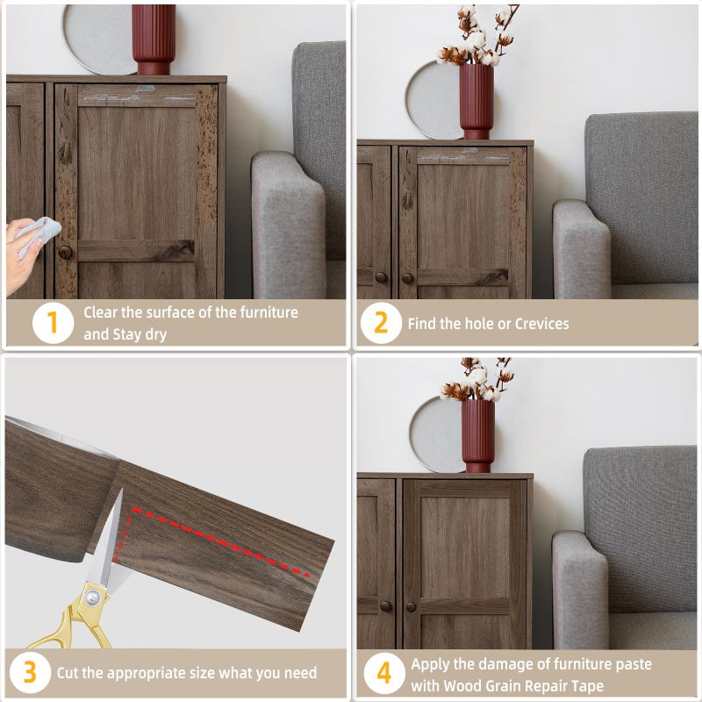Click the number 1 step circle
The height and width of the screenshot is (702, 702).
pos(53,323)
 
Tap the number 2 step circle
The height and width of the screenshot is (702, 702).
pos(381,323)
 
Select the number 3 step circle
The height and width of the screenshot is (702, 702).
pos(30,672)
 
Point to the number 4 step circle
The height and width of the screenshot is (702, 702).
pos(384,673)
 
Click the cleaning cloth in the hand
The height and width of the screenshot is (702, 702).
pos(38,234)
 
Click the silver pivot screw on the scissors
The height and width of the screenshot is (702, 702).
pos(92,597)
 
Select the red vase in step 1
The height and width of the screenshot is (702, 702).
pos(154,39)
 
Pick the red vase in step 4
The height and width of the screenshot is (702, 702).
pos(478,435)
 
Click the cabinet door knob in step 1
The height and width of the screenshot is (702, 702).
pos(65,252)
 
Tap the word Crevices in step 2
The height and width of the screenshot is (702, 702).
pos(541,323)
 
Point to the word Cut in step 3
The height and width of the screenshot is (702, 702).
pos(68,672)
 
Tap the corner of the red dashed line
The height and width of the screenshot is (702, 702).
pos(133,509)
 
